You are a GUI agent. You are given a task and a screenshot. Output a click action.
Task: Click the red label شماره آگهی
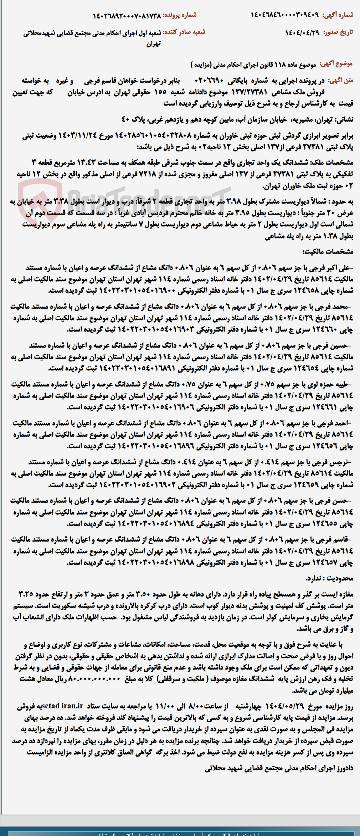(x=338, y=15)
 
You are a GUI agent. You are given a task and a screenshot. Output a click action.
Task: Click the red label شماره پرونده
(x=180, y=15)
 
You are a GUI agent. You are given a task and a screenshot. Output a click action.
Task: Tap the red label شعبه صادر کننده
(x=184, y=32)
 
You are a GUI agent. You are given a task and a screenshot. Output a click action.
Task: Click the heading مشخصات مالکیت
(x=328, y=252)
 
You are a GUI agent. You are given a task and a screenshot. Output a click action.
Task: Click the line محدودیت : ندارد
(x=329, y=578)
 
